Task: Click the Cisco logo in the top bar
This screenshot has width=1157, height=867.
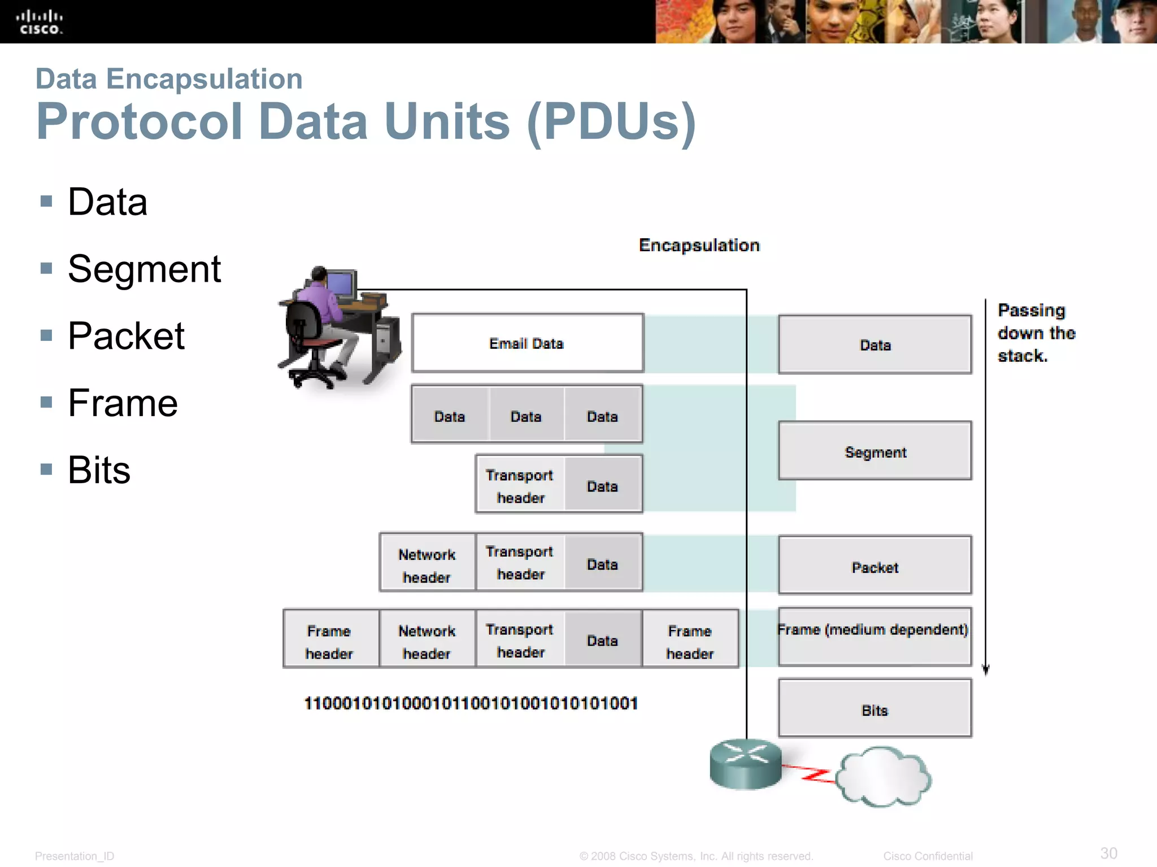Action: (x=39, y=22)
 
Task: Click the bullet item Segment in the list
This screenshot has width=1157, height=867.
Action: (x=144, y=269)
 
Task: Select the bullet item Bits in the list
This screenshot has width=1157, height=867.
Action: (x=99, y=470)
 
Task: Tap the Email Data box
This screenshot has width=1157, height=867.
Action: (x=527, y=343)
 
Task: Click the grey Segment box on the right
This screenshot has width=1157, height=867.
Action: (x=875, y=452)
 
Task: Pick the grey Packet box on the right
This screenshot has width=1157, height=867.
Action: (x=875, y=566)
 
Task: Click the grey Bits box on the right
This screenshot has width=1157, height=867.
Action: (x=875, y=710)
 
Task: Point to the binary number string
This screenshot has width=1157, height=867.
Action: (x=471, y=703)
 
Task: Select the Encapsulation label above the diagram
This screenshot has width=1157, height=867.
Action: (x=699, y=246)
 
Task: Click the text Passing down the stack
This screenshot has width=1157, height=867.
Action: (x=1036, y=333)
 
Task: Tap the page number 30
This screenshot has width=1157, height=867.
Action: (x=1108, y=853)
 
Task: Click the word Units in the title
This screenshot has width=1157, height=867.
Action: (x=447, y=122)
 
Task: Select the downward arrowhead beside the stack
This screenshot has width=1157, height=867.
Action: (x=985, y=671)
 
